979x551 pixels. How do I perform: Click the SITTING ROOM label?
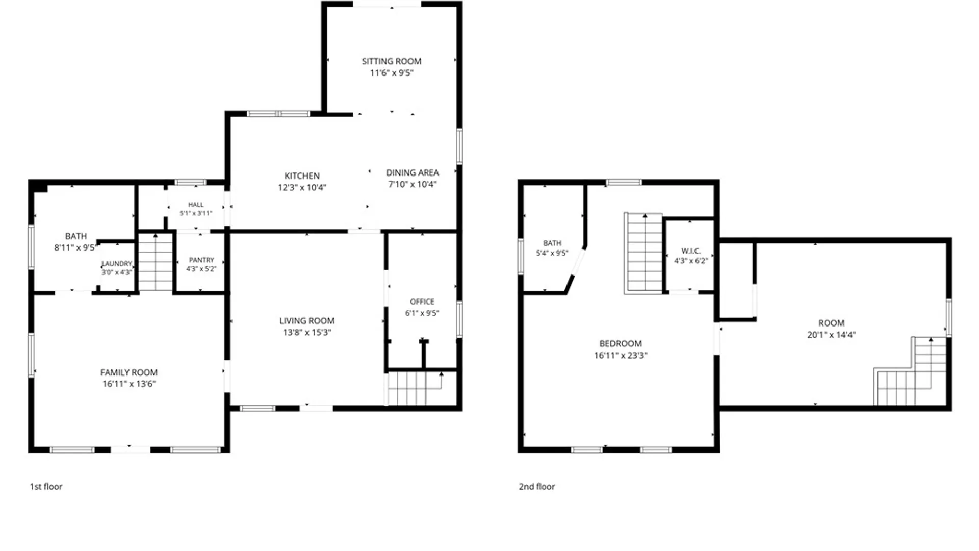pyautogui.click(x=392, y=61)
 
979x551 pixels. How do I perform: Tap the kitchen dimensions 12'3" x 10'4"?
pyautogui.click(x=302, y=187)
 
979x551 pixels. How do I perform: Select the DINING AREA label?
pyautogui.click(x=412, y=172)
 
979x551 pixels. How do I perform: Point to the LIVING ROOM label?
pyautogui.click(x=307, y=321)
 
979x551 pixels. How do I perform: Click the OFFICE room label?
pyautogui.click(x=422, y=302)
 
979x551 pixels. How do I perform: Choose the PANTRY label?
pyautogui.click(x=201, y=260)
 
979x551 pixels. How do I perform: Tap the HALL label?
pyautogui.click(x=196, y=205)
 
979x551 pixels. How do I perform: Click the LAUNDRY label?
pyautogui.click(x=117, y=263)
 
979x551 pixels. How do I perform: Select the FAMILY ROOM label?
pyautogui.click(x=128, y=372)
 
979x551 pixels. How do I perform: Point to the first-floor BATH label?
pyautogui.click(x=76, y=236)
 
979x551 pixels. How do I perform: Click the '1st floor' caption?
pyautogui.click(x=46, y=487)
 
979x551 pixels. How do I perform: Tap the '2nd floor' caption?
pyautogui.click(x=537, y=487)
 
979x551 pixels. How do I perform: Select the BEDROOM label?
pyautogui.click(x=621, y=344)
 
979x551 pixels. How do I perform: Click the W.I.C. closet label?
pyautogui.click(x=691, y=251)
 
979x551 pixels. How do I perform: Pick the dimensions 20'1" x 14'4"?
pyautogui.click(x=832, y=335)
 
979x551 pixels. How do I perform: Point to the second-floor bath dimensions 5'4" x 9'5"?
pyautogui.click(x=552, y=253)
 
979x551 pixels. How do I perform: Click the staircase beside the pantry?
pyautogui.click(x=156, y=262)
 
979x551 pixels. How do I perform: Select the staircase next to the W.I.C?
pyautogui.click(x=644, y=254)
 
